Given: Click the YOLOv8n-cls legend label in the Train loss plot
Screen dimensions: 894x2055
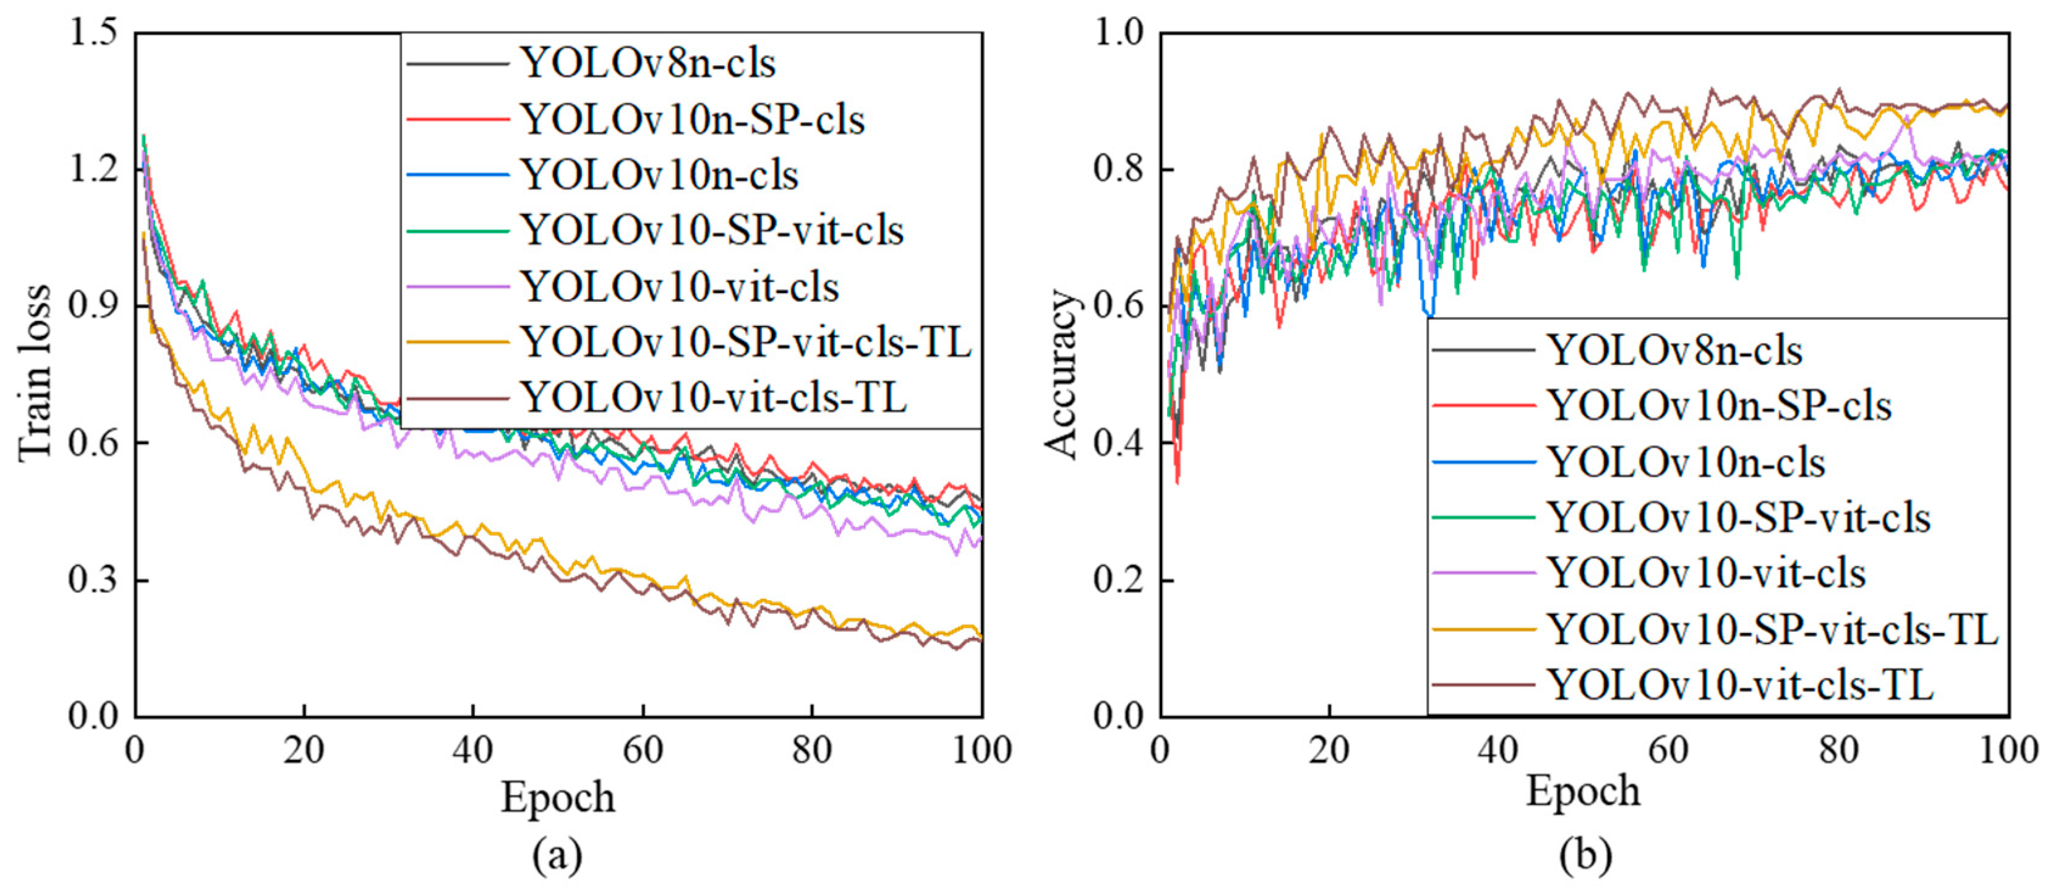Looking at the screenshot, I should (x=648, y=63).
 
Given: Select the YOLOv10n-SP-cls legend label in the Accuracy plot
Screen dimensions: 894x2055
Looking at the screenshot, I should (x=1719, y=406).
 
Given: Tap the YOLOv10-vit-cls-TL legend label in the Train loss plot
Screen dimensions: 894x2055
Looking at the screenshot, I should (x=714, y=397).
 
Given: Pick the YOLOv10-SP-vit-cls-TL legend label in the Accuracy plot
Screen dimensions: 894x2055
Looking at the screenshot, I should (x=1773, y=629).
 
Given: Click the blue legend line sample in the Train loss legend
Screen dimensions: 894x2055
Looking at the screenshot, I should (x=457, y=175).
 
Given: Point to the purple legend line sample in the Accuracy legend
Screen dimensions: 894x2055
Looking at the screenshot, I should (x=1483, y=573).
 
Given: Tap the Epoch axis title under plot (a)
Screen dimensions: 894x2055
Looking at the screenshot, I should (x=558, y=797).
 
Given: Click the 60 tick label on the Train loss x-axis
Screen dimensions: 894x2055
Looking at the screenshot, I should (x=642, y=750).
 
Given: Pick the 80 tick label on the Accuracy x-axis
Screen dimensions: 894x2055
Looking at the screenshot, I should (x=1839, y=750).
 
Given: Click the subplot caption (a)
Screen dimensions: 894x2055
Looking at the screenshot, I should (x=557, y=856).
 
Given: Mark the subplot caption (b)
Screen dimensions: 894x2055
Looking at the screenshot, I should (x=1585, y=856).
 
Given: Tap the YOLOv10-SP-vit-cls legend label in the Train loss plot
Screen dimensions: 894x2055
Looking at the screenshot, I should (x=712, y=230).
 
